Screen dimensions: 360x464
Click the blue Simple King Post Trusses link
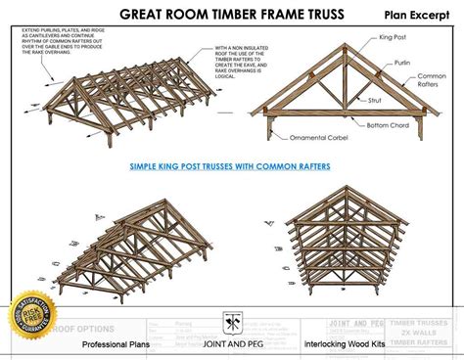pos(230,166)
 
